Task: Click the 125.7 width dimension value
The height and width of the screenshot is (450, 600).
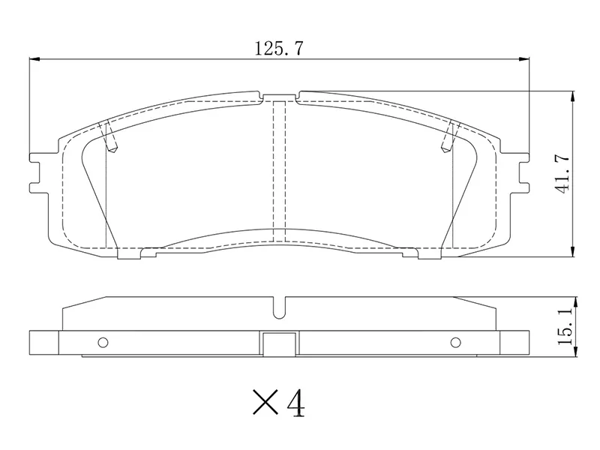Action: pyautogui.click(x=278, y=49)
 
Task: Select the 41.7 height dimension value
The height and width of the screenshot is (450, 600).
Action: pyautogui.click(x=563, y=174)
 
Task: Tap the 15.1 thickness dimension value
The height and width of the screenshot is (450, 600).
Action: pyautogui.click(x=565, y=322)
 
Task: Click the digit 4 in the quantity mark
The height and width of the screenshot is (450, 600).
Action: pyautogui.click(x=295, y=403)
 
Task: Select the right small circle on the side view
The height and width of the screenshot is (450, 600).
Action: pyautogui.click(x=454, y=343)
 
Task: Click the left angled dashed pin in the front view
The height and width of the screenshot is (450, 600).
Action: pyautogui.click(x=110, y=136)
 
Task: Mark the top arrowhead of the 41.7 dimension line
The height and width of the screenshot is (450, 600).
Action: pyautogui.click(x=573, y=95)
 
